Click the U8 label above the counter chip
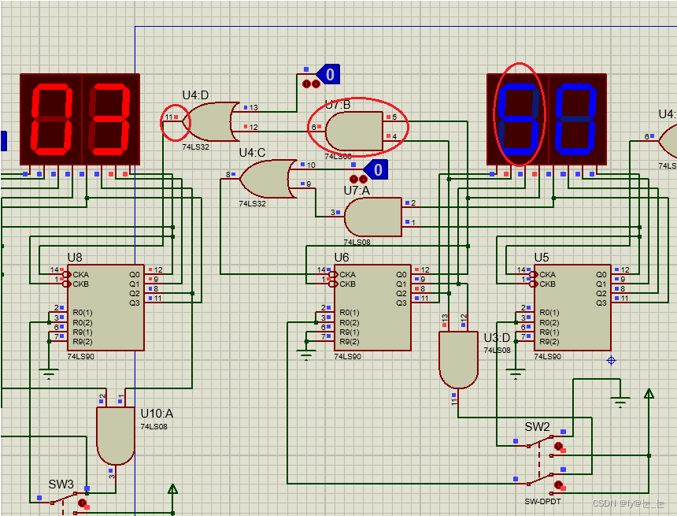tap(75, 258)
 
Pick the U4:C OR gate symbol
tap(265, 179)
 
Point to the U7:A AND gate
tap(372, 217)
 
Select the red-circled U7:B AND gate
tap(353, 131)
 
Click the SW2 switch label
tap(538, 427)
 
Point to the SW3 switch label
tap(61, 484)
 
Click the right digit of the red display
tap(109, 119)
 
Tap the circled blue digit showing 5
tap(519, 119)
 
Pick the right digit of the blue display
tap(577, 119)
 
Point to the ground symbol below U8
tap(49, 374)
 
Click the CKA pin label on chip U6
tap(349, 275)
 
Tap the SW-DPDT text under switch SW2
tap(543, 501)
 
